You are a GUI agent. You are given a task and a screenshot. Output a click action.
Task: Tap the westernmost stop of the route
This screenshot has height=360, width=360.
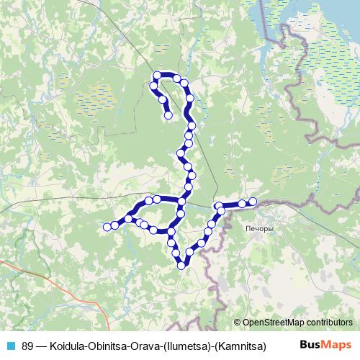coord(107,228)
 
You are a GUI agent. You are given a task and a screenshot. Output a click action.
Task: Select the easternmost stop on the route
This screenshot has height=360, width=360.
coord(253,201)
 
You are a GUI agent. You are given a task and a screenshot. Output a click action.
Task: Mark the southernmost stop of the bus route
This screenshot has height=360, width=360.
coord(181,266)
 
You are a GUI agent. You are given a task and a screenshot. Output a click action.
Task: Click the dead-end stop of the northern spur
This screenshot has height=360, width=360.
coord(168,114)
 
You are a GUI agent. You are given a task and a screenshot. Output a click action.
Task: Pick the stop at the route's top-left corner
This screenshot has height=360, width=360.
coord(156,75)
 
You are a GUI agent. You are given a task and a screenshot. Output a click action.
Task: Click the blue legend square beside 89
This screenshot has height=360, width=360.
coord(11,345)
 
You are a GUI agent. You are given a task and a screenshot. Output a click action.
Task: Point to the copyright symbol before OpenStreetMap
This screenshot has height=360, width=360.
coord(238,323)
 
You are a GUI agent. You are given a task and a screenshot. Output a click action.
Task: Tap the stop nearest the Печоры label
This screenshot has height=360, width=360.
coord(243,204)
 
